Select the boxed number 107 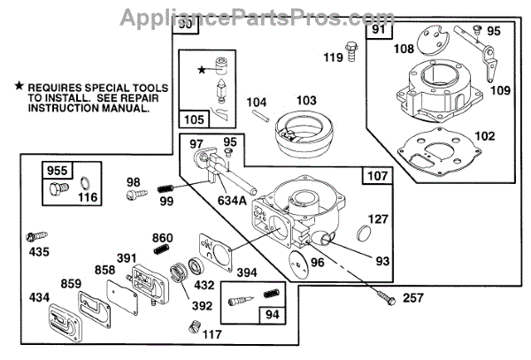click(376, 175)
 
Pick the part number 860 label click(162, 237)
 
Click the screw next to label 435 click(35, 236)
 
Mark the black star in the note click(19, 86)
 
